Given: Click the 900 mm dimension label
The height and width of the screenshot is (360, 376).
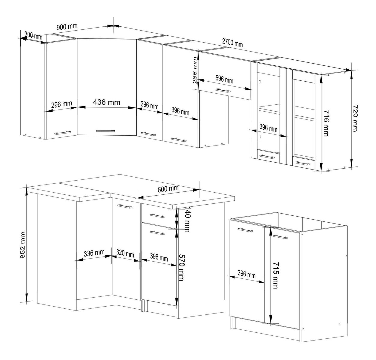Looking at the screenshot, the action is pyautogui.click(x=67, y=26).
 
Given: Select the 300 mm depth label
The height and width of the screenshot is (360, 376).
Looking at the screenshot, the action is pyautogui.click(x=33, y=36).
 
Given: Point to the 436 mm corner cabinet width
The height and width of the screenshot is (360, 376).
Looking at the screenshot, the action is pyautogui.click(x=106, y=102).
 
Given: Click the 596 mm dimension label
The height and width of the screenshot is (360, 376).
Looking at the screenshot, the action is pyautogui.click(x=224, y=79).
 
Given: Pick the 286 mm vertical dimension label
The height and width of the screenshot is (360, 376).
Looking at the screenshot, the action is pyautogui.click(x=195, y=70).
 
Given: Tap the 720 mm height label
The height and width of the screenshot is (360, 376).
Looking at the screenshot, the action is pyautogui.click(x=355, y=118).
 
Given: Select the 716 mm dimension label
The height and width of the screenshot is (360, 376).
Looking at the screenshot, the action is pyautogui.click(x=326, y=123).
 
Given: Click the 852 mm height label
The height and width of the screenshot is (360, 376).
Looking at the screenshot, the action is pyautogui.click(x=22, y=245).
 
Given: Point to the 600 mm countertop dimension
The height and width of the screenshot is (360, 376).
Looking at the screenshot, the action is pyautogui.click(x=168, y=189).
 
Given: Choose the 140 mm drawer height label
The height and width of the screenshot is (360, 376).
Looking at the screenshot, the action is pyautogui.click(x=187, y=219).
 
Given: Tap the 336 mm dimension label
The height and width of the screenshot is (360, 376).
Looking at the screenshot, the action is pyautogui.click(x=94, y=253).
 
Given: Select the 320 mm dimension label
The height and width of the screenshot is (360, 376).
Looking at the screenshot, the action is pyautogui.click(x=125, y=253).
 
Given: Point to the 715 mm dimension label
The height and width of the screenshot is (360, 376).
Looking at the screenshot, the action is pyautogui.click(x=275, y=275).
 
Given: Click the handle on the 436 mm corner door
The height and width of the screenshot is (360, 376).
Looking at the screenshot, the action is pyautogui.click(x=106, y=131).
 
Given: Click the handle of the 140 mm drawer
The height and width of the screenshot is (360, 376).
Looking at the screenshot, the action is pyautogui.click(x=157, y=216).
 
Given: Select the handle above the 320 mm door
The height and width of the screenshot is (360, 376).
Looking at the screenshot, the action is pyautogui.click(x=125, y=206).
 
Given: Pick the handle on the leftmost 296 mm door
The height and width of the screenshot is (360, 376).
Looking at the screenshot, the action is pyautogui.click(x=62, y=133).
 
